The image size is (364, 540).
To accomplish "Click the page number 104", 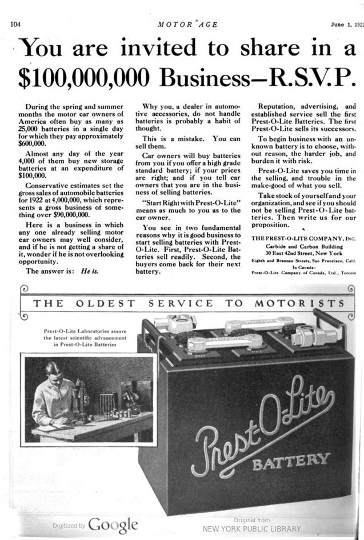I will [15, 25].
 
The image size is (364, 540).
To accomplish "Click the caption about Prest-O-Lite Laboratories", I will [86, 338].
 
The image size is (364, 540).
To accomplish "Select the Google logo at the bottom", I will [113, 525].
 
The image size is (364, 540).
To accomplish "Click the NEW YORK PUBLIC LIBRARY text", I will [251, 529].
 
